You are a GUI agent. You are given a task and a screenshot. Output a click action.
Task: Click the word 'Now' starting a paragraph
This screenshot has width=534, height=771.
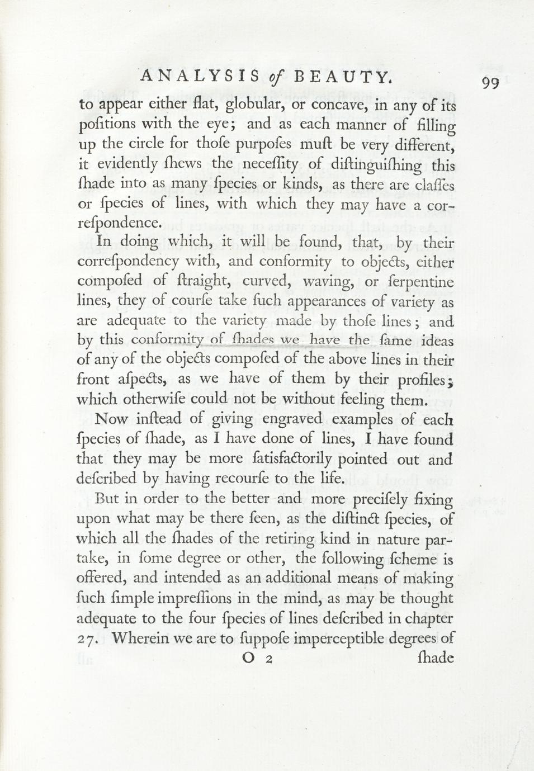[113, 419]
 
